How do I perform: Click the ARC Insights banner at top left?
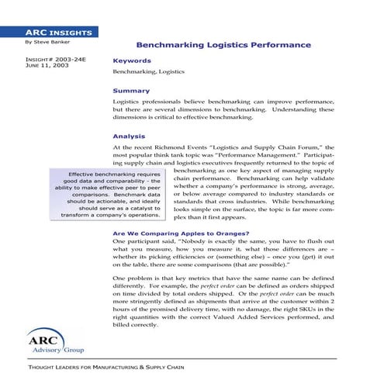[48, 33]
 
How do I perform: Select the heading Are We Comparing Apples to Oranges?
[180, 233]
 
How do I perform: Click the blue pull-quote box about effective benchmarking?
[98, 194]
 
